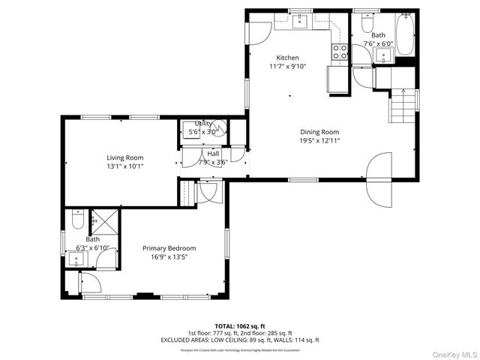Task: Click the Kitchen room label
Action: pos(287,58)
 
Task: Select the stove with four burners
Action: pos(339,52)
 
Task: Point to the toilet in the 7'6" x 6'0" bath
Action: pos(367,24)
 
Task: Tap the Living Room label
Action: pos(124,157)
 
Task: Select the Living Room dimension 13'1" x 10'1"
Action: pos(124,166)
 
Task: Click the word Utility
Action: pos(202,124)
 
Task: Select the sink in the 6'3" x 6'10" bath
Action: pos(76,259)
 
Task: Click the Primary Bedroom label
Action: pos(169,248)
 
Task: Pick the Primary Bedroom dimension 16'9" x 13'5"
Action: pos(169,257)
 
